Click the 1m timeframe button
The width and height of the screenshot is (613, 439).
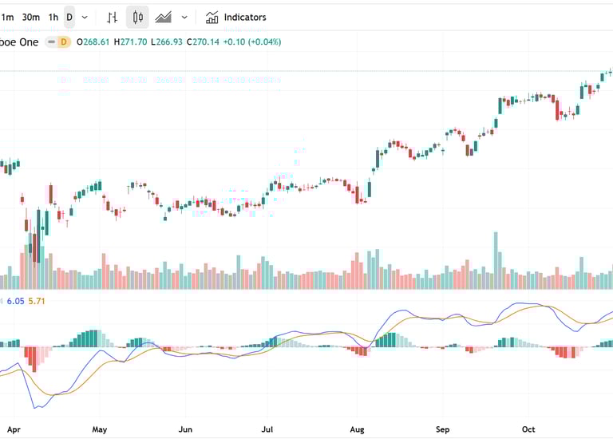(x=8, y=17)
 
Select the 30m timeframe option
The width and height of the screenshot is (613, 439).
(x=31, y=17)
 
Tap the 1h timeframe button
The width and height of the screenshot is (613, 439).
(x=53, y=17)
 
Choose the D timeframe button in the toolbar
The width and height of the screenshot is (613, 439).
(x=69, y=17)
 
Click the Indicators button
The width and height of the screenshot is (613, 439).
(x=236, y=17)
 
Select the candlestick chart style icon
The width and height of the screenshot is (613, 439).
(x=137, y=17)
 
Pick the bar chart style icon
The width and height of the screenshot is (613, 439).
(x=113, y=17)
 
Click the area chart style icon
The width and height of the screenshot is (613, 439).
(x=164, y=17)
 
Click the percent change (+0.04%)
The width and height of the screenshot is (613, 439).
(x=263, y=42)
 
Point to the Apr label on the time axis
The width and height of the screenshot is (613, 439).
(x=14, y=429)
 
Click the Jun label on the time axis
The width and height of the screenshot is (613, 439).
(x=185, y=429)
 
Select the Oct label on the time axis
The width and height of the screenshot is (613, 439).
(x=528, y=429)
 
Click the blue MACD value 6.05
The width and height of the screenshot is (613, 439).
(x=15, y=301)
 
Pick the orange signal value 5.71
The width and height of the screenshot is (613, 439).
(x=38, y=301)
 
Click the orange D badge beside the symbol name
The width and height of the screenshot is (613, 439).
(x=63, y=42)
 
